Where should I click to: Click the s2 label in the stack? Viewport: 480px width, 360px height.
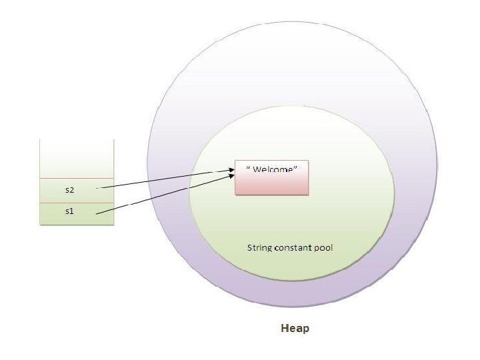pos(70,190)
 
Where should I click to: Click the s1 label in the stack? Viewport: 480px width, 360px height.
pos(70,213)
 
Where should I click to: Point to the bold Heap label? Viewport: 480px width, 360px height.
pos(295,329)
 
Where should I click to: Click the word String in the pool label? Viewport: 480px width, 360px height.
pos(259,247)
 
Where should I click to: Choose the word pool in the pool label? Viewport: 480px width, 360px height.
pos(325,247)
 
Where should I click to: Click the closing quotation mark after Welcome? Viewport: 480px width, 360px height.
pos(295,167)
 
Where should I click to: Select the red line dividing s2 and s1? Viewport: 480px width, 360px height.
pos(77,202)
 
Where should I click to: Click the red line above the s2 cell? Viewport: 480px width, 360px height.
pos(77,179)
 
